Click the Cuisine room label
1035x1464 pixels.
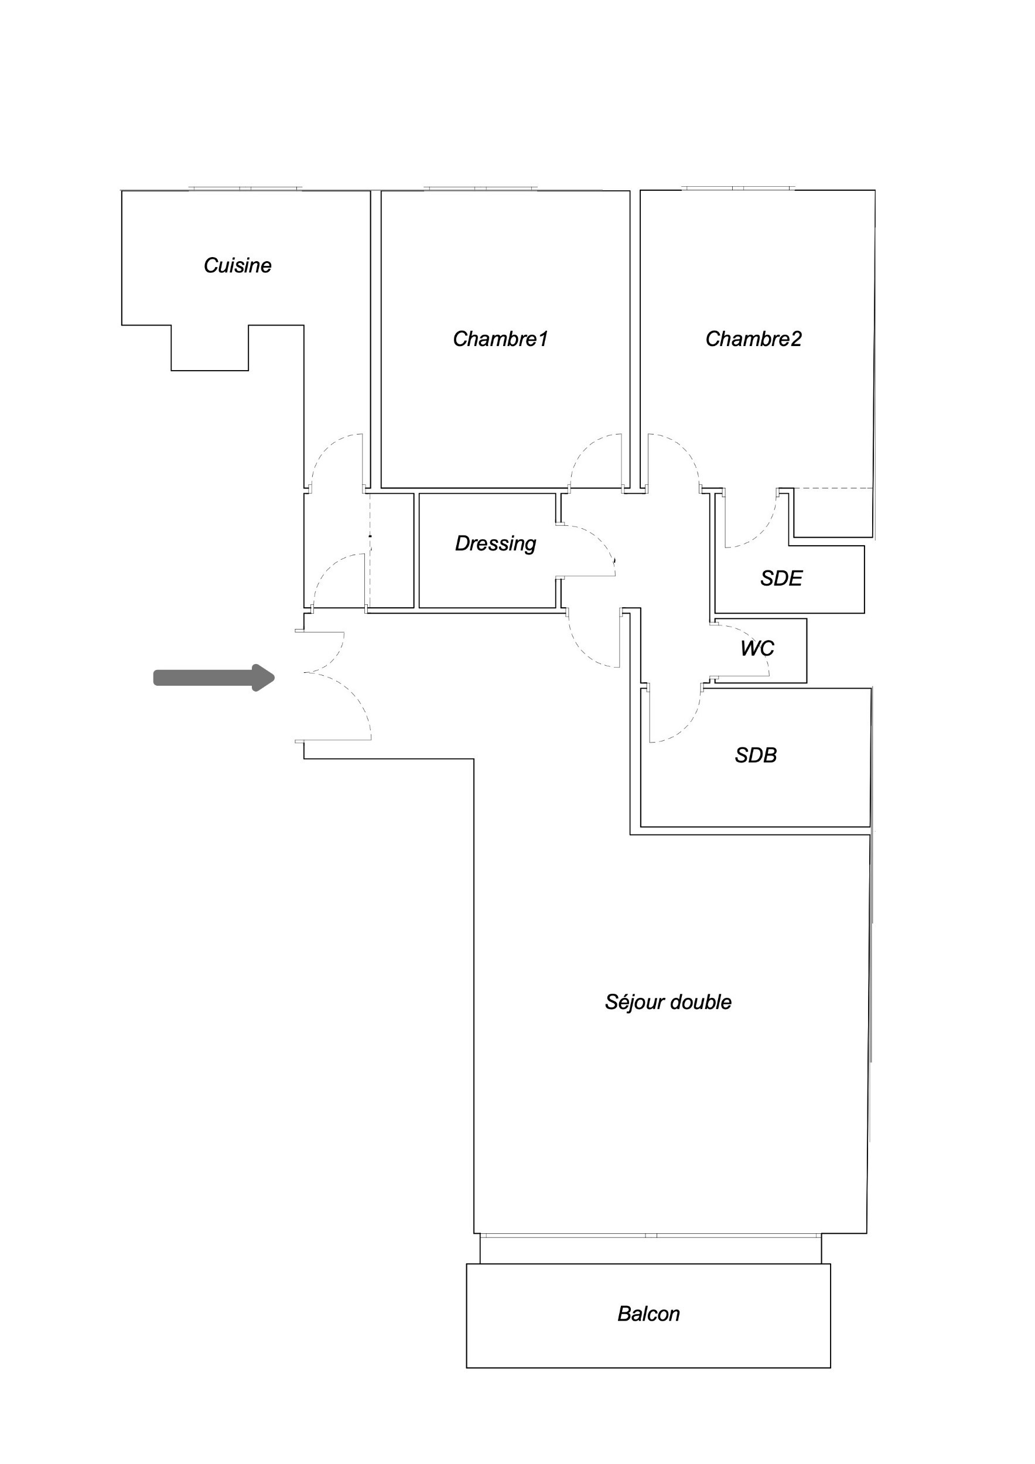(237, 265)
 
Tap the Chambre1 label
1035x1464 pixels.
(500, 338)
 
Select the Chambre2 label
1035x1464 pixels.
(753, 338)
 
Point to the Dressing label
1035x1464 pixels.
(496, 544)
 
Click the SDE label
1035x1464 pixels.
(781, 579)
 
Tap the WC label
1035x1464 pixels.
(757, 648)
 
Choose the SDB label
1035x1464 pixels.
(756, 755)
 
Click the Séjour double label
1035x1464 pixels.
(668, 1003)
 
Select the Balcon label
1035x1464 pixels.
(648, 1314)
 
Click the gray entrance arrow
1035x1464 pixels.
(214, 677)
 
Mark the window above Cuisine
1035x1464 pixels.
(244, 189)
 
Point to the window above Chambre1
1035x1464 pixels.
(481, 189)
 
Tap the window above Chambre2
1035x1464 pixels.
(739, 189)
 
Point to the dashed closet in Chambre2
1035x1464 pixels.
(833, 512)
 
